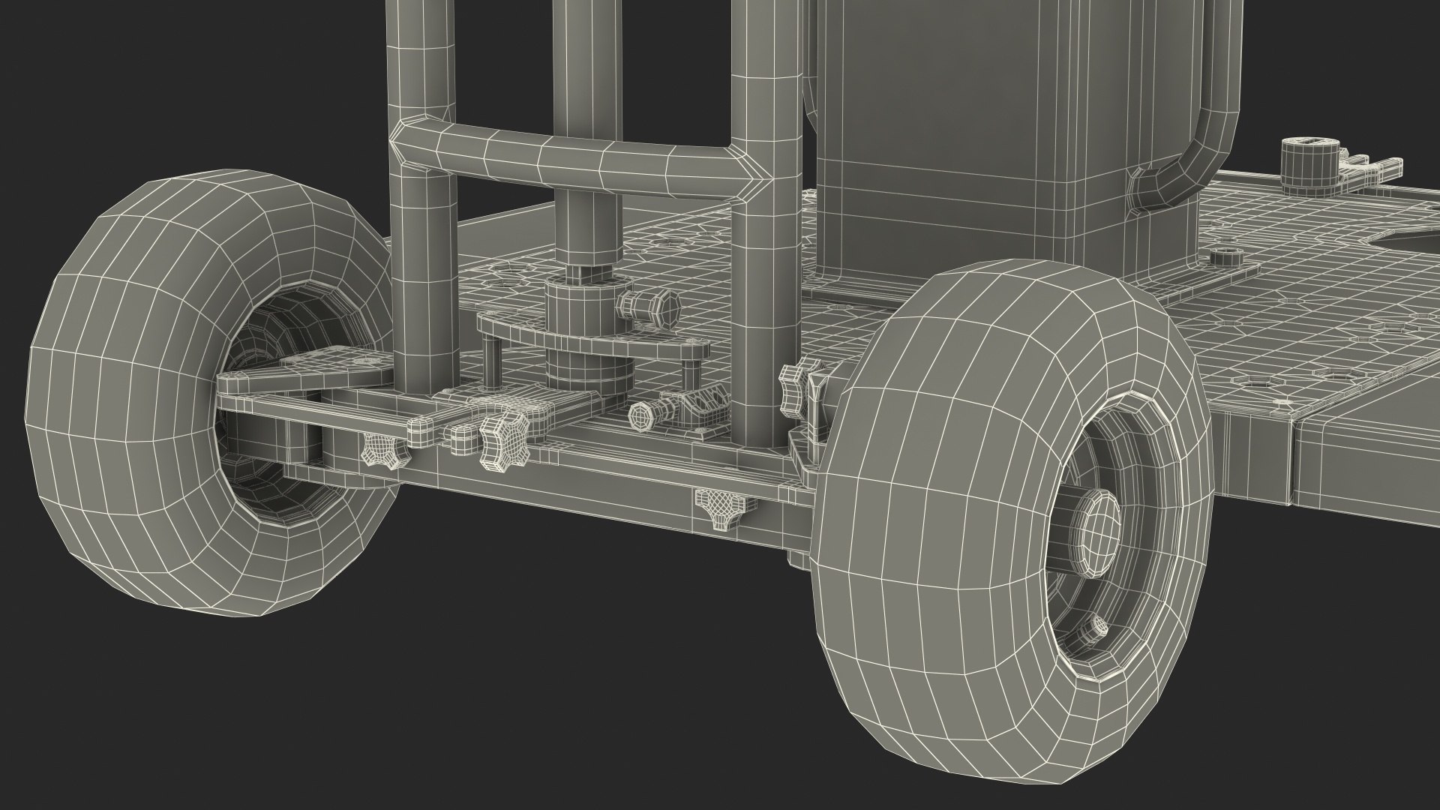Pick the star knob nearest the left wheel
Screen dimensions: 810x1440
[x=378, y=453]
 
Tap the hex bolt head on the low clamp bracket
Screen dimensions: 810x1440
[x=644, y=412]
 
